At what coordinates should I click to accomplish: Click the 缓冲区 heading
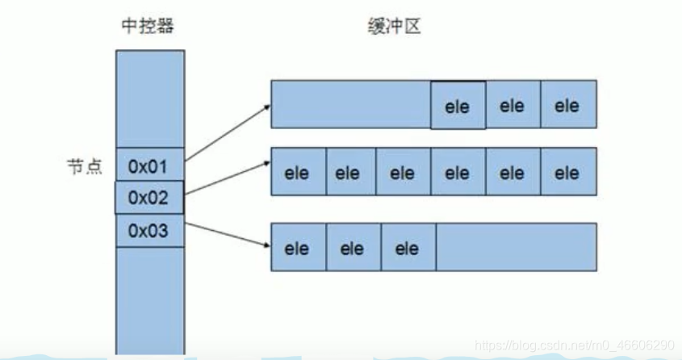390,27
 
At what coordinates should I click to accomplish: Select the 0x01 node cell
149,167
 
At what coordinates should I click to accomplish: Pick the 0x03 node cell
149,231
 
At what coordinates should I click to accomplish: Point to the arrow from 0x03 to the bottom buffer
228,233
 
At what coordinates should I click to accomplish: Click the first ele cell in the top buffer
458,106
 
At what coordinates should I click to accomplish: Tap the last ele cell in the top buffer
568,105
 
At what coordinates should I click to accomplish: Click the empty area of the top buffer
350,104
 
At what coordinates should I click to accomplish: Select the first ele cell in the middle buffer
298,172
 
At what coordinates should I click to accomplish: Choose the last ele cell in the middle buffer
568,172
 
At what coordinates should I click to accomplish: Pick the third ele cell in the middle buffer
403,172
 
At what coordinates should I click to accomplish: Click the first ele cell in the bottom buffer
298,248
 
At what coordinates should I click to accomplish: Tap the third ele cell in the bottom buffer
408,248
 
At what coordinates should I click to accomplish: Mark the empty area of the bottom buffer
516,246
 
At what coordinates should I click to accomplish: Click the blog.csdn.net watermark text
574,345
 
